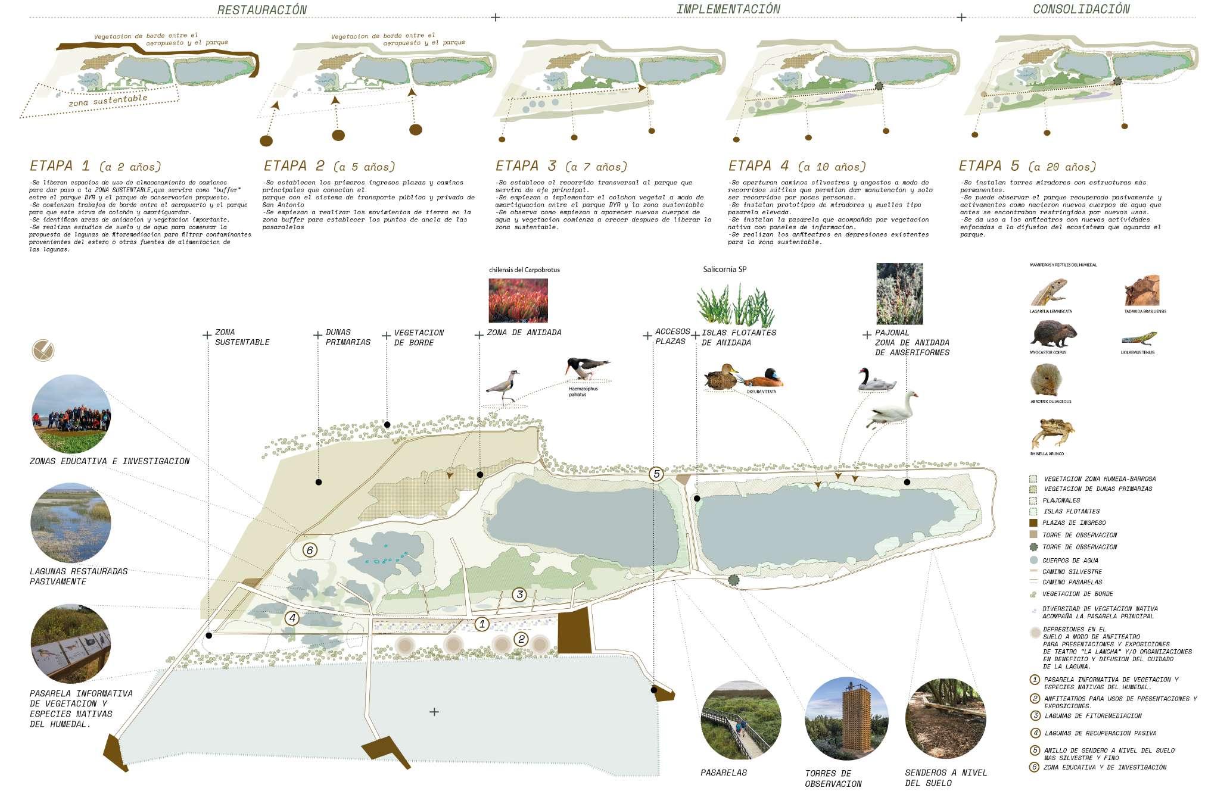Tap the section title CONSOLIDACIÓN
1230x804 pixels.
[x=1081, y=9]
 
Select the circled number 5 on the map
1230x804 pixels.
[x=656, y=474]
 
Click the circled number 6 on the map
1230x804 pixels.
[x=309, y=550]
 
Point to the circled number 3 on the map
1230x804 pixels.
[x=519, y=595]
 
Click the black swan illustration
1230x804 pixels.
[x=876, y=380]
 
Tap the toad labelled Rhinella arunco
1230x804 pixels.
[x=1052, y=433]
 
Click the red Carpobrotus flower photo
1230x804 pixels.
[x=518, y=301]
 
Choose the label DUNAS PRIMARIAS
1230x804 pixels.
[x=348, y=337]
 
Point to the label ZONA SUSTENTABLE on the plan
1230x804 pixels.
[x=242, y=337]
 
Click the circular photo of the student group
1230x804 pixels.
[x=71, y=414]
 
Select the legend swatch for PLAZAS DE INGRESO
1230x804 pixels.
[x=1033, y=523]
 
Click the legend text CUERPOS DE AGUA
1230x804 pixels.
[x=1070, y=561]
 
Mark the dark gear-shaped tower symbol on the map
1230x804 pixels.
[x=733, y=580]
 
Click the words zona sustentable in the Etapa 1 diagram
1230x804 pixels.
[x=108, y=101]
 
